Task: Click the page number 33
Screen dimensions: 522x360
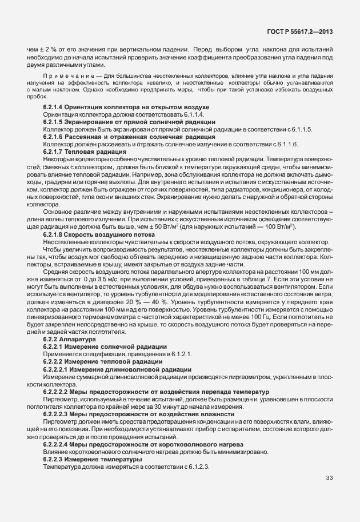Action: click(x=329, y=478)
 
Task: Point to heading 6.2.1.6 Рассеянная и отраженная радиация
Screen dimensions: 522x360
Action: click(x=129, y=137)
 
